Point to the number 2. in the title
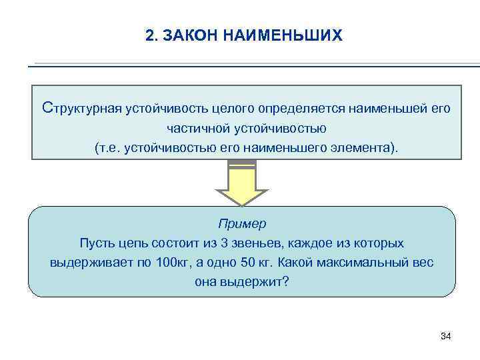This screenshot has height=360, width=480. click(x=151, y=35)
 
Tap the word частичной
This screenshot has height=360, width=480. click(x=197, y=127)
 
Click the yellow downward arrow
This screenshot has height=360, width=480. click(x=241, y=183)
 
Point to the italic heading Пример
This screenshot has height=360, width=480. click(x=241, y=223)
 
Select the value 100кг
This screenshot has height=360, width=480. click(x=173, y=262)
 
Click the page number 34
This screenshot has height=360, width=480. click(x=446, y=336)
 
